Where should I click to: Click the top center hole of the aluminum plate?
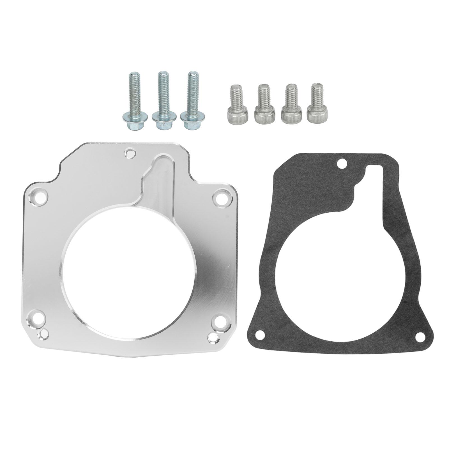coord(130,153)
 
